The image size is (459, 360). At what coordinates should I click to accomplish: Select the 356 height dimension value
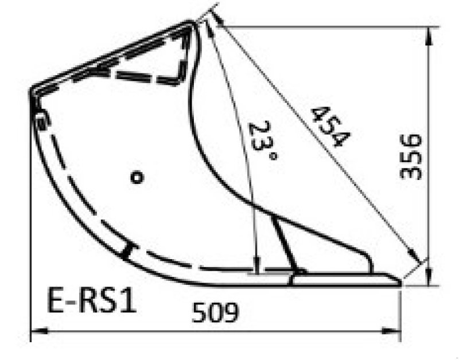411,156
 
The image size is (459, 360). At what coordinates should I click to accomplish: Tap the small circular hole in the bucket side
137,178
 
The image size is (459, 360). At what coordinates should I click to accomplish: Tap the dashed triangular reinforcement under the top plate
161,66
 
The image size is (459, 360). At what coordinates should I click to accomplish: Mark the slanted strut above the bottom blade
285,244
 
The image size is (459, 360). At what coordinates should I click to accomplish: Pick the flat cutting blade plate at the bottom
344,280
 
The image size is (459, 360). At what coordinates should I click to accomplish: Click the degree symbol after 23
270,156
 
